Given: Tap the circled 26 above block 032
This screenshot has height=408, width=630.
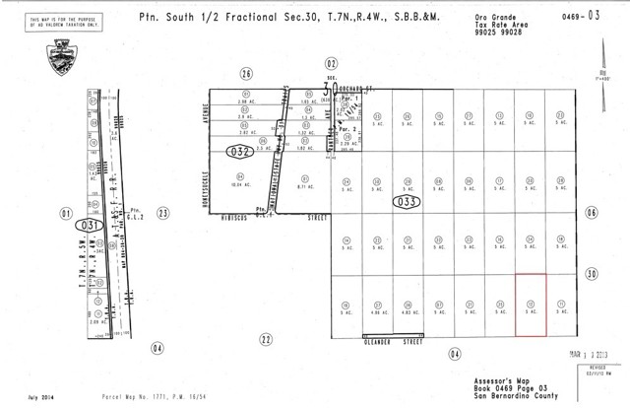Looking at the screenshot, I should pos(246,72).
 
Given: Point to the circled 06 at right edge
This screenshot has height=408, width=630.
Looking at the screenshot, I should pos(591,212).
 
